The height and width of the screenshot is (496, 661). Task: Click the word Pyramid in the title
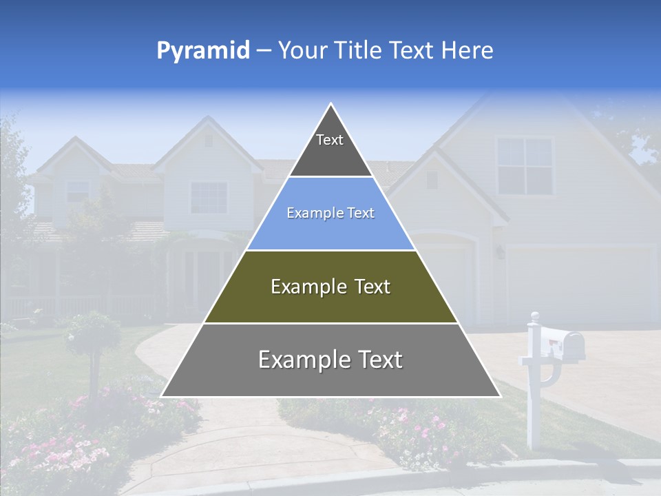(203, 50)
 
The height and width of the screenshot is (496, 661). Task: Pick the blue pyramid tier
(330, 214)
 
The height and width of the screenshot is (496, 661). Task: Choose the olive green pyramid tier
(330, 287)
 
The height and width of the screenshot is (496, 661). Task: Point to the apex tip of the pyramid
(331, 105)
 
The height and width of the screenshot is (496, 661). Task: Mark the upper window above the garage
(525, 166)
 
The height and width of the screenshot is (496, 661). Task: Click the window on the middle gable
(209, 198)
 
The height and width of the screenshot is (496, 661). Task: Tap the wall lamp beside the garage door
(500, 253)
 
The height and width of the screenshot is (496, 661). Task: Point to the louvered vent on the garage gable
(432, 180)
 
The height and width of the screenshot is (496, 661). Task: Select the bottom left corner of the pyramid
(162, 396)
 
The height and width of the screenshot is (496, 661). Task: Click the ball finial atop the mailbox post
(534, 316)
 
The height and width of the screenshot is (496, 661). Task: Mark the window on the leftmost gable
(78, 191)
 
